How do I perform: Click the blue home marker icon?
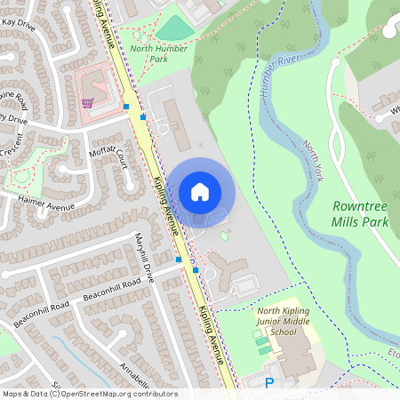(200, 191)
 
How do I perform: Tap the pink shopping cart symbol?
(87, 102)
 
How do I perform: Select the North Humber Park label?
(159, 53)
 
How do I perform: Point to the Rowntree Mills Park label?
(360, 212)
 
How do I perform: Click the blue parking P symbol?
(270, 383)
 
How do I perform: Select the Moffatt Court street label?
(108, 157)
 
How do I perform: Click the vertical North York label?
(311, 160)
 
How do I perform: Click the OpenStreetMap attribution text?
(89, 394)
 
